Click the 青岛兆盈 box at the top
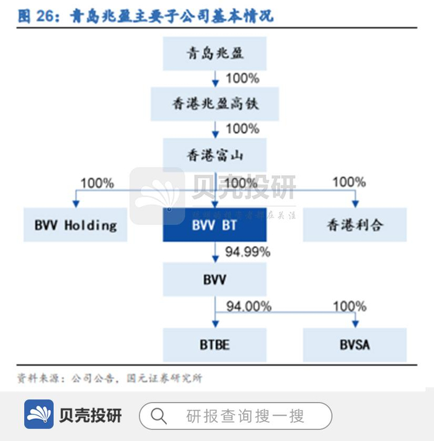click(x=215, y=53)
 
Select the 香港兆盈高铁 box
click(x=215, y=103)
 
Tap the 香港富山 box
click(x=215, y=154)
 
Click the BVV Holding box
click(x=75, y=224)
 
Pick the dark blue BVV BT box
click(x=215, y=224)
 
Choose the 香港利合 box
click(x=355, y=224)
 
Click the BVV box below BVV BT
click(x=215, y=279)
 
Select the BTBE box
click(x=215, y=344)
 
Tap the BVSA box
click(x=355, y=344)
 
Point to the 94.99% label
click(x=247, y=252)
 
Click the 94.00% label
click(x=249, y=306)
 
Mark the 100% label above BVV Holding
click(x=97, y=183)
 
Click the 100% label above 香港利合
click(x=349, y=182)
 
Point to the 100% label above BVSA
click(x=350, y=306)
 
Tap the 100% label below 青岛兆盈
click(x=242, y=79)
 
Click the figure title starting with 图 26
click(x=146, y=17)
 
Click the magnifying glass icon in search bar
click(x=159, y=415)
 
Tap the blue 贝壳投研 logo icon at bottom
click(x=39, y=414)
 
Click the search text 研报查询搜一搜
click(x=246, y=416)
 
